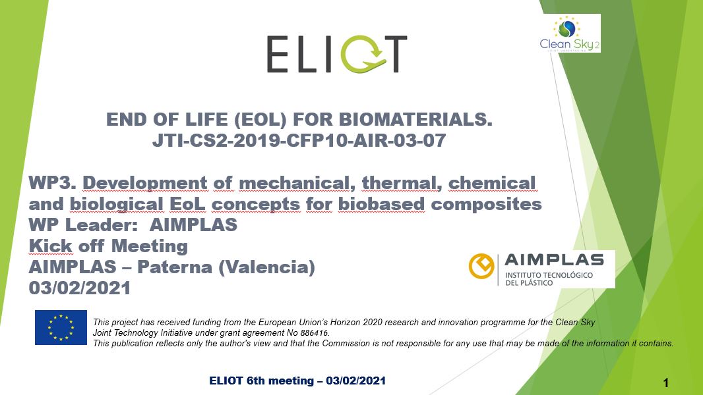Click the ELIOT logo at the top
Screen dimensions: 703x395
pyautogui.click(x=337, y=54)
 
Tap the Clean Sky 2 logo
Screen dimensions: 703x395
pyautogui.click(x=570, y=34)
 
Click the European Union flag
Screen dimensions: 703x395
pyautogui.click(x=61, y=327)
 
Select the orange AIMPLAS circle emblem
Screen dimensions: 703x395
pyautogui.click(x=481, y=266)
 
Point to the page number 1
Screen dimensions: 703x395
pyautogui.click(x=666, y=383)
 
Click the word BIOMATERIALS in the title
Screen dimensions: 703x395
pyautogui.click(x=415, y=119)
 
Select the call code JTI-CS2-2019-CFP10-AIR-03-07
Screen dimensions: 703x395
pyautogui.click(x=299, y=140)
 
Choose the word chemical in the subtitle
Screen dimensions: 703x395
pyautogui.click(x=492, y=183)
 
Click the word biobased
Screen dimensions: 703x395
pyautogui.click(x=381, y=204)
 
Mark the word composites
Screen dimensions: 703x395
pyautogui.click(x=486, y=205)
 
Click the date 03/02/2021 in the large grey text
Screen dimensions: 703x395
pyautogui.click(x=79, y=288)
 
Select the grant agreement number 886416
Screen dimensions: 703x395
pyautogui.click(x=315, y=333)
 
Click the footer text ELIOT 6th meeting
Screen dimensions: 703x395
pyautogui.click(x=261, y=381)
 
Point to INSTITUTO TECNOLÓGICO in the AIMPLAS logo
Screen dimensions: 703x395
pyautogui.click(x=549, y=275)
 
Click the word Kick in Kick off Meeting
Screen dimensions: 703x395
pyautogui.click(x=50, y=246)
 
